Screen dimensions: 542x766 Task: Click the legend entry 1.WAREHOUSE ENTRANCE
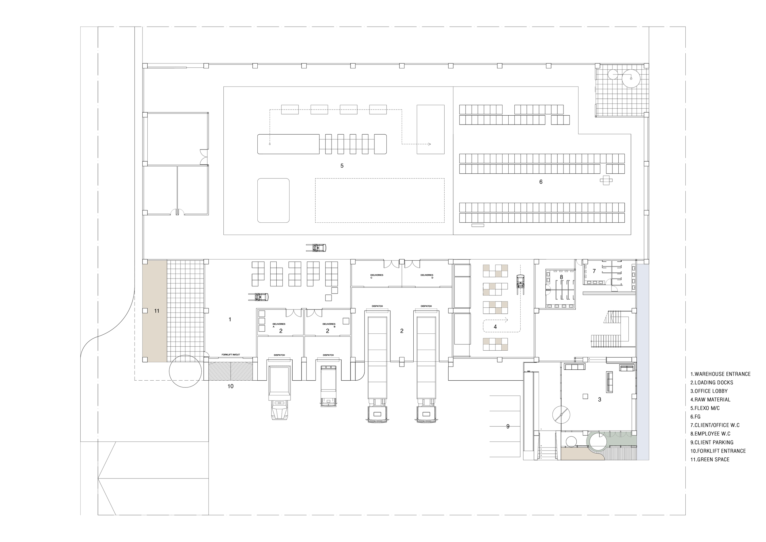tap(720, 374)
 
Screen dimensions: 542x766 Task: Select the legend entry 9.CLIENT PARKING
tap(712, 442)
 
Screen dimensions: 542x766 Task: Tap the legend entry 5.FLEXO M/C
tap(705, 408)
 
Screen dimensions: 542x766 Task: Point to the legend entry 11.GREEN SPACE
tap(710, 459)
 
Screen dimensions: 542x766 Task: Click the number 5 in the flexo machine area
tap(342, 166)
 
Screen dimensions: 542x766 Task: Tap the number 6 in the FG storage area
tap(541, 182)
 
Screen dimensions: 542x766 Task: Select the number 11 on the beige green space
tap(157, 311)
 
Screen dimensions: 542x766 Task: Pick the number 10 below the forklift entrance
tap(230, 386)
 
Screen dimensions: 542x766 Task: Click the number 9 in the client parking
tap(508, 426)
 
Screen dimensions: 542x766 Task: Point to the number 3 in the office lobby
tap(600, 399)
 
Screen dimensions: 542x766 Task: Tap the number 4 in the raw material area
tap(495, 327)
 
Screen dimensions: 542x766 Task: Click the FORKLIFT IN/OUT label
tap(230, 354)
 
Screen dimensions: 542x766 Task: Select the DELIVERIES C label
tap(377, 276)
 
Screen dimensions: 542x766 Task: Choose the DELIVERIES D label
tap(427, 276)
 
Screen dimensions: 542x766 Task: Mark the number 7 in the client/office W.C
tap(594, 271)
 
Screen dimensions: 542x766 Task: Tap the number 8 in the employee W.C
tap(561, 277)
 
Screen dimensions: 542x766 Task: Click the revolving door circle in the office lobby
tap(561, 415)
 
